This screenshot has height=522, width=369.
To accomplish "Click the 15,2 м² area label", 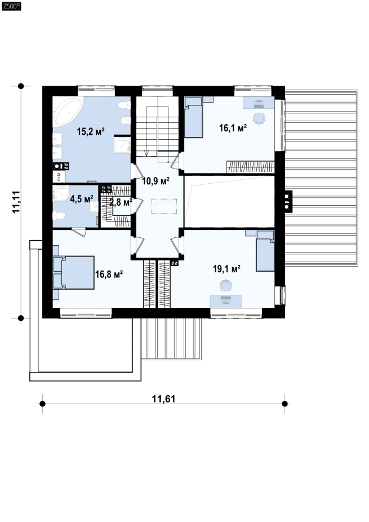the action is tap(91, 131).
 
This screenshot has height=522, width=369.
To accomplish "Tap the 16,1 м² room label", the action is tap(233, 127).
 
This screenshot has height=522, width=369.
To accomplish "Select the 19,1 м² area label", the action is tap(226, 269).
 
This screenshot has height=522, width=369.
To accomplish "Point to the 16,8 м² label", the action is tap(109, 275).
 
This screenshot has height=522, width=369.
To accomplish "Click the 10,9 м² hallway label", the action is tap(155, 181).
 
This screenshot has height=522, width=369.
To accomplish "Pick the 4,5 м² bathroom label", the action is tap(82, 199).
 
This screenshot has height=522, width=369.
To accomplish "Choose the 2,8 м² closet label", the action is tap(121, 202).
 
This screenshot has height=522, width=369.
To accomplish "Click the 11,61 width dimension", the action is tap(163, 399).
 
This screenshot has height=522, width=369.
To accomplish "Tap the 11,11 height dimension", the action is tap(16, 202).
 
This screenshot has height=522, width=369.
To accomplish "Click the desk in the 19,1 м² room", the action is tap(225, 301).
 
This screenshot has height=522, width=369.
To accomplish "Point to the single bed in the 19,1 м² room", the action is tap(265, 251).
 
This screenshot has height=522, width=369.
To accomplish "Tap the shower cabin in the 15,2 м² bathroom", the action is tap(122, 145).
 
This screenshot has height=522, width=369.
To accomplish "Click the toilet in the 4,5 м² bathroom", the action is tap(59, 216).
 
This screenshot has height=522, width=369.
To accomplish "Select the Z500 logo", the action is tap(11, 6).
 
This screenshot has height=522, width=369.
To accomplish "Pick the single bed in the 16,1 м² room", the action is tap(193, 117).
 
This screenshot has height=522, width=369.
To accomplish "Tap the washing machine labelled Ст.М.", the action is tap(59, 176).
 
